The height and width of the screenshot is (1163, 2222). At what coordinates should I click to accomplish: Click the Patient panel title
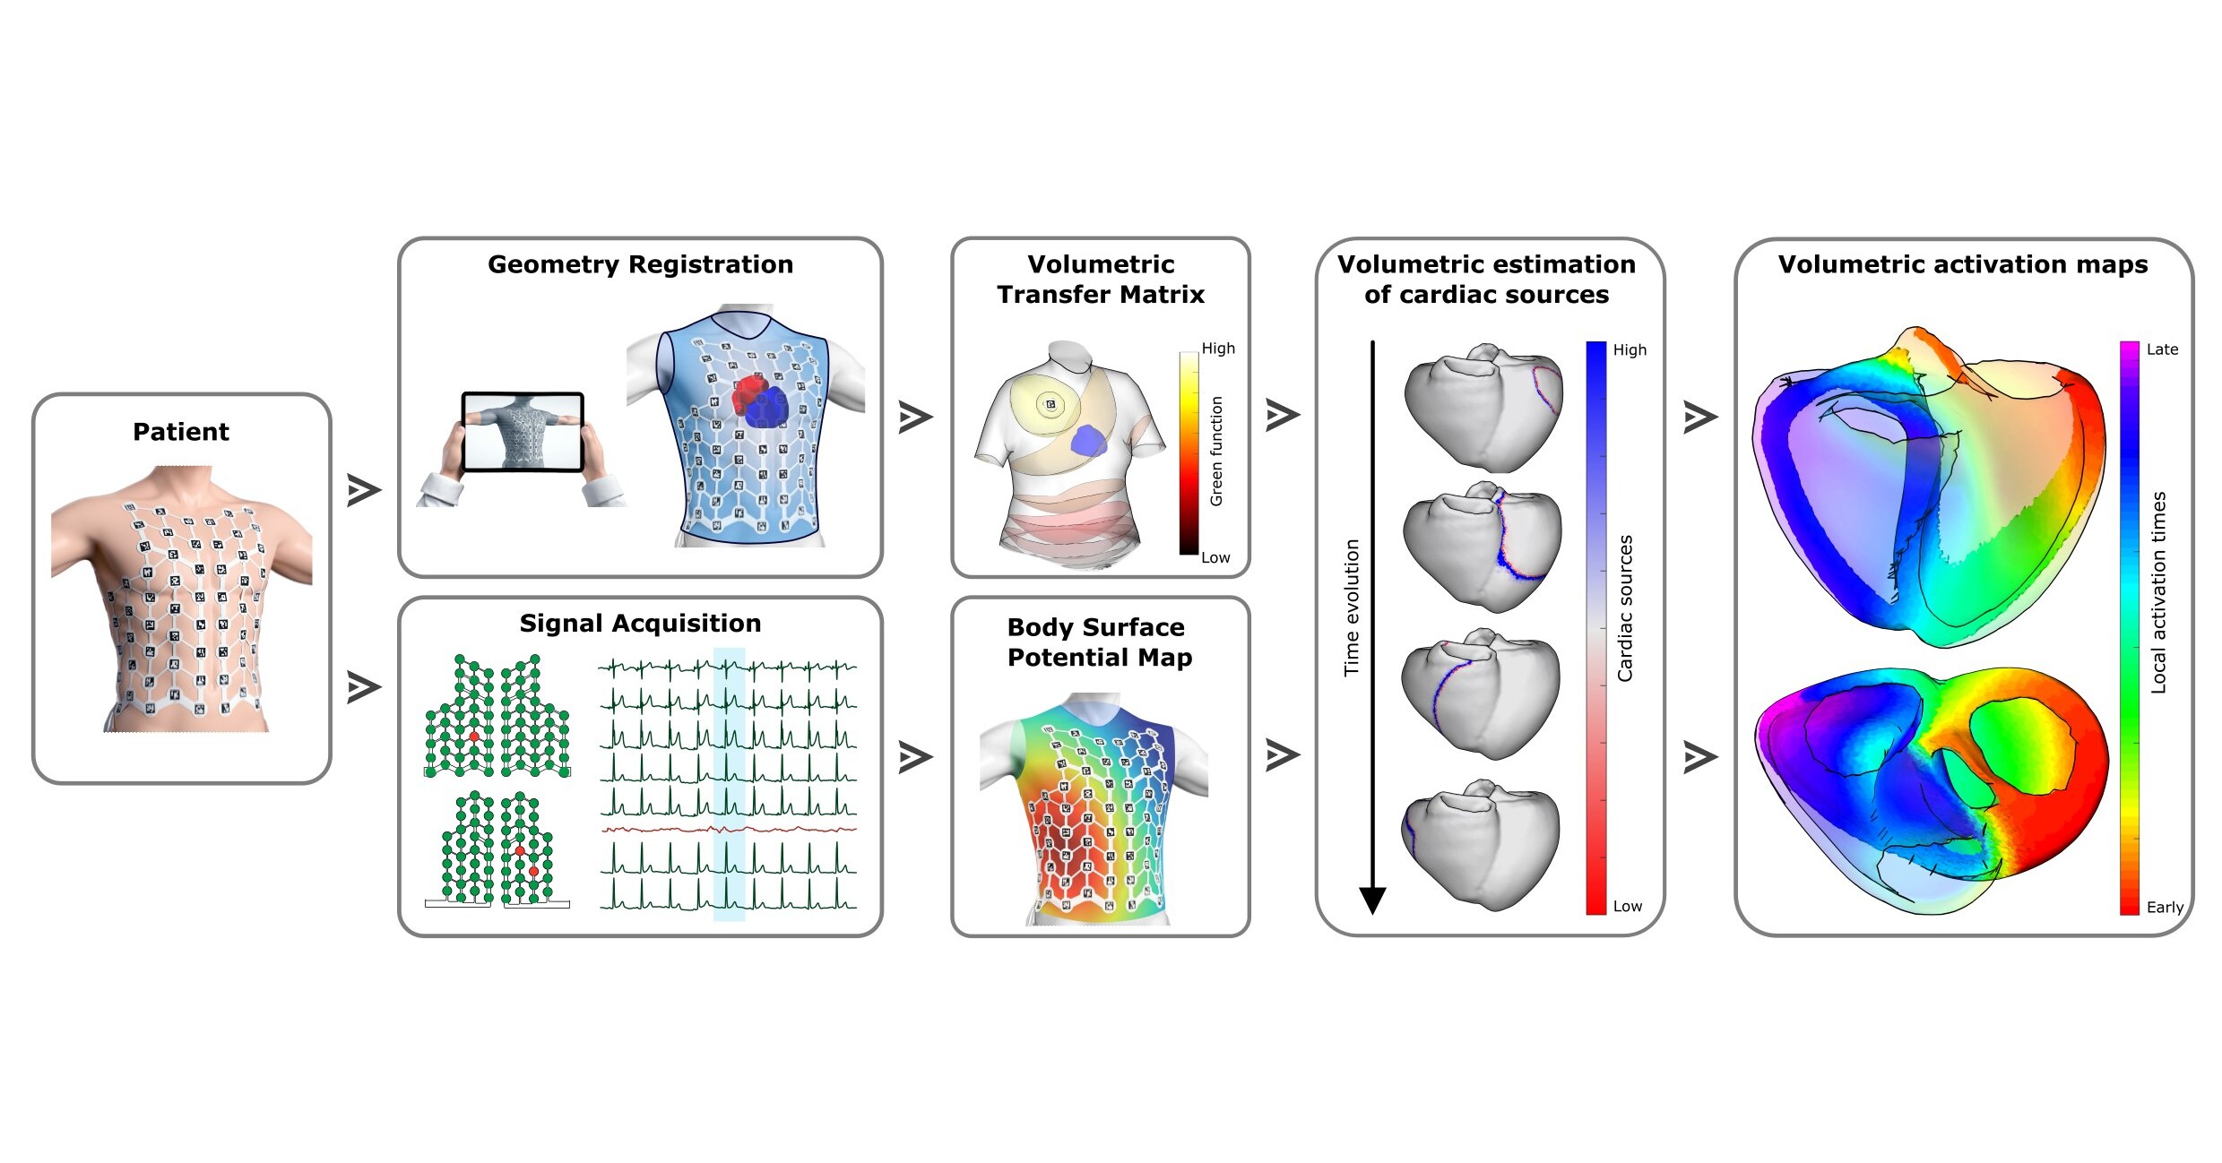pyautogui.click(x=181, y=432)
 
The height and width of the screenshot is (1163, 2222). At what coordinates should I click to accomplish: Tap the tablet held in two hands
pyautogui.click(x=523, y=433)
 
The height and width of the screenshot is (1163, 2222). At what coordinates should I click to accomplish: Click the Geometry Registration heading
pyautogui.click(x=640, y=264)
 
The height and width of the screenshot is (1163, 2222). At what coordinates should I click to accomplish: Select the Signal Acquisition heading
pyautogui.click(x=640, y=623)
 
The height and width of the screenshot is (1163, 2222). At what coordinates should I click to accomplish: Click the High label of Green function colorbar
pyautogui.click(x=1218, y=349)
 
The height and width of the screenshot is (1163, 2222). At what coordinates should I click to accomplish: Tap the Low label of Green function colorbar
pyautogui.click(x=1215, y=557)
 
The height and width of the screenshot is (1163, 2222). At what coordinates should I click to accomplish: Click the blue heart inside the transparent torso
pyautogui.click(x=1088, y=441)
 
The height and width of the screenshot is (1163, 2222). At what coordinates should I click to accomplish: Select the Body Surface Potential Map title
pyautogui.click(x=1099, y=642)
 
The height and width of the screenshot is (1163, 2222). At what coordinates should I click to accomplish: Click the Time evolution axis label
pyautogui.click(x=1352, y=607)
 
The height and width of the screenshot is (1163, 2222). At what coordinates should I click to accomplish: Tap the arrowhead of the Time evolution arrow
pyautogui.click(x=1372, y=899)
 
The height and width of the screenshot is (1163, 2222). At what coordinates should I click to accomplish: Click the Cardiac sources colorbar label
pyautogui.click(x=1625, y=608)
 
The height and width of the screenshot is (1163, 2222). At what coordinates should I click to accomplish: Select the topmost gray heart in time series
pyautogui.click(x=1483, y=408)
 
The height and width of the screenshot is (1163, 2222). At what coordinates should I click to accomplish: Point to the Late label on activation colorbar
pyautogui.click(x=2161, y=349)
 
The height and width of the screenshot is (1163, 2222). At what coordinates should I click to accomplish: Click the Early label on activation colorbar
pyautogui.click(x=2164, y=907)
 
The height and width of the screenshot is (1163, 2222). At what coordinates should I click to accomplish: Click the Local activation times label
pyautogui.click(x=2158, y=592)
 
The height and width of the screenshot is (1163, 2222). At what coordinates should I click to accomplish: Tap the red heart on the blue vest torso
pyautogui.click(x=746, y=393)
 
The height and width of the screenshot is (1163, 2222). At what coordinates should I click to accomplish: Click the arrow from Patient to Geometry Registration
pyautogui.click(x=364, y=490)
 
